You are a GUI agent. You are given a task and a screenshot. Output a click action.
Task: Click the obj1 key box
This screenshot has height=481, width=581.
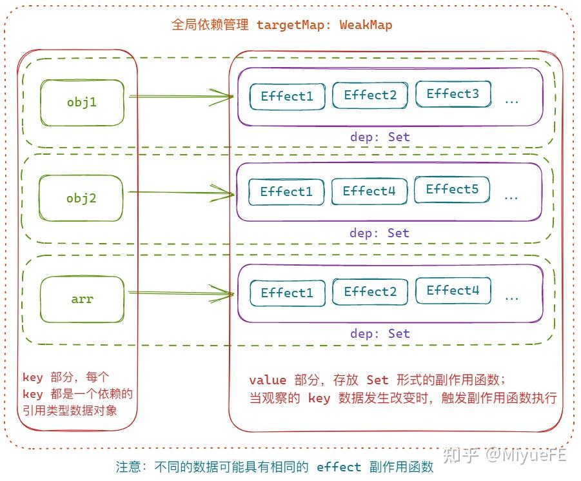click(82, 103)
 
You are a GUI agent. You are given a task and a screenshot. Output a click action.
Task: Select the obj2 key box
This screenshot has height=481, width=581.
click(81, 198)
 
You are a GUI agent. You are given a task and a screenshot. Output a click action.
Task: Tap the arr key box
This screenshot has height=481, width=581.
click(82, 299)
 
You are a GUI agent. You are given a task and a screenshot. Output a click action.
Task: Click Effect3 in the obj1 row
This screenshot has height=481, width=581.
click(453, 94)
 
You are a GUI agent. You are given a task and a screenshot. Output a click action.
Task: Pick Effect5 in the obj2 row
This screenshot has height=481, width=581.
click(452, 190)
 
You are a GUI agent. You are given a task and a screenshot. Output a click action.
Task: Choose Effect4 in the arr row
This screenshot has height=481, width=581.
click(453, 291)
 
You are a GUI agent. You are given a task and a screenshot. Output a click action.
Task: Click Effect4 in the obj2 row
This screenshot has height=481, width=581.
click(369, 191)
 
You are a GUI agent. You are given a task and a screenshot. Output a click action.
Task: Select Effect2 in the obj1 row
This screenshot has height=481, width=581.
click(370, 95)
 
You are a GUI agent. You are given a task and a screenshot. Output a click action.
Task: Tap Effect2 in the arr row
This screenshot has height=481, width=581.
click(370, 292)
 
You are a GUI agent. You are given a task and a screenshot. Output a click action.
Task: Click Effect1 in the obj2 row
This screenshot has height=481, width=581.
click(286, 192)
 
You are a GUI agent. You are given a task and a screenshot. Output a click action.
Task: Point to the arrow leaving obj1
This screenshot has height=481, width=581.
click(181, 97)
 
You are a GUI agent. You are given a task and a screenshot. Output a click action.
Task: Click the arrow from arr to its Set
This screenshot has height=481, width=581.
click(181, 294)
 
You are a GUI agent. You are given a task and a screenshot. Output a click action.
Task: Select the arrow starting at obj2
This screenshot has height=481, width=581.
click(181, 192)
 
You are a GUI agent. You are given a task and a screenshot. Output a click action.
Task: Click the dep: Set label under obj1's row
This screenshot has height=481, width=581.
click(380, 137)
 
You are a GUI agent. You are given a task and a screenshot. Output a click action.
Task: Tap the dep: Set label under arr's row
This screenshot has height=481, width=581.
click(380, 333)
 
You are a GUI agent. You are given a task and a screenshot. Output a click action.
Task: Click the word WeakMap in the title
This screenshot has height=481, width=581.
click(366, 25)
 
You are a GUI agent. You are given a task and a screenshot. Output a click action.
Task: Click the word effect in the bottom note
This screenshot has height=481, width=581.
click(339, 467)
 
